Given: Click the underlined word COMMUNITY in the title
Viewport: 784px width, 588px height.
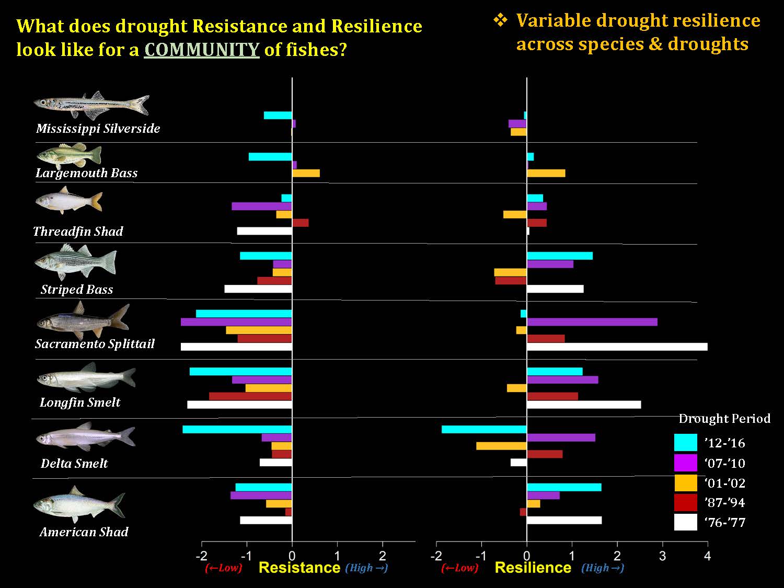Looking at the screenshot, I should [x=202, y=50].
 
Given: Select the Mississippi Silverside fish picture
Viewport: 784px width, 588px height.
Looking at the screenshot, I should [x=91, y=104].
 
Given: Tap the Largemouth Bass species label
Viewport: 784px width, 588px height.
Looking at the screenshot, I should [x=87, y=173].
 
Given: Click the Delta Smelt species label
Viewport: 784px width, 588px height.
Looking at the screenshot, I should [x=74, y=463].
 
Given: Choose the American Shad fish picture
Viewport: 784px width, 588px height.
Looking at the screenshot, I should [x=79, y=505].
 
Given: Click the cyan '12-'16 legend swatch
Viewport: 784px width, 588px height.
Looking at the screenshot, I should [x=685, y=443].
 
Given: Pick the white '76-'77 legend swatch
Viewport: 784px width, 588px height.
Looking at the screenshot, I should [x=685, y=522].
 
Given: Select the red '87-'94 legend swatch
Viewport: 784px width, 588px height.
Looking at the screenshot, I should [x=685, y=502].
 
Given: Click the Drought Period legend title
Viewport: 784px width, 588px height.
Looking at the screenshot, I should [x=724, y=419].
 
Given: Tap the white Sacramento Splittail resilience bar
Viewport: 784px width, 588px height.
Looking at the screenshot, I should [x=617, y=347].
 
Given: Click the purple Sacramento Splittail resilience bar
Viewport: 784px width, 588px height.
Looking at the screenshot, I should [x=592, y=322].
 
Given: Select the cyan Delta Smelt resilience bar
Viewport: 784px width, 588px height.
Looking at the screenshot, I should [x=484, y=430].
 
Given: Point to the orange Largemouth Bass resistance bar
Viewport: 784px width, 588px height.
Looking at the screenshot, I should [x=306, y=174].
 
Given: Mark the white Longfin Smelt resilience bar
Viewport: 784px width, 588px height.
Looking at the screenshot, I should [x=584, y=405].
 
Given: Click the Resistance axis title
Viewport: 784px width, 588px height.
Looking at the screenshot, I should [x=299, y=568].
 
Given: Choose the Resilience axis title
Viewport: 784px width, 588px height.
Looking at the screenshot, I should [x=533, y=568].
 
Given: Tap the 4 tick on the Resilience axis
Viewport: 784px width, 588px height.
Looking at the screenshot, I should [x=707, y=555].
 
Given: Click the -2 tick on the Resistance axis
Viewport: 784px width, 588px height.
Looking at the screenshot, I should [x=201, y=555].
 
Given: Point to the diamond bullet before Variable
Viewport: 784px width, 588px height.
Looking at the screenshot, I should [x=500, y=20].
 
